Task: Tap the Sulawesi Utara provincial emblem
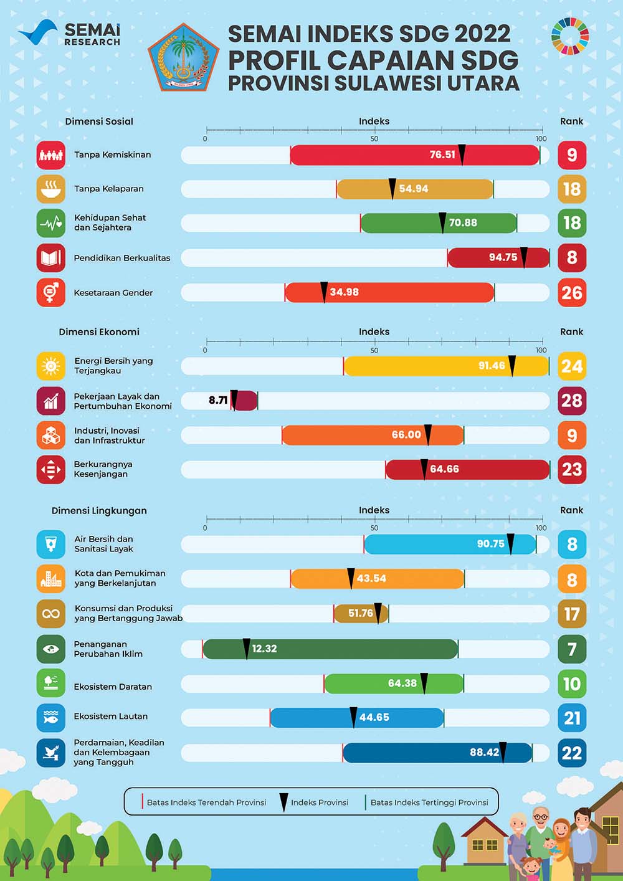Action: pos(183,57)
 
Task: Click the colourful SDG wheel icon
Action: pos(569,36)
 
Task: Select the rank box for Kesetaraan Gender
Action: pos(572,292)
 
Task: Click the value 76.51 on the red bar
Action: pos(442,155)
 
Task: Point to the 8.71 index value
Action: pos(218,400)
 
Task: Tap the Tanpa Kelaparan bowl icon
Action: pos(51,189)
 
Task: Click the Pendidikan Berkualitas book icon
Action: pos(51,257)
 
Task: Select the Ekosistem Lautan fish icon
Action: pos(51,718)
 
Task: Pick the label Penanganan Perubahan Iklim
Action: pos(108,649)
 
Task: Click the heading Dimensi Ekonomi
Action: pos(99,331)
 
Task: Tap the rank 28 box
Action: pos(572,401)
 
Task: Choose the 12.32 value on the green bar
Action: pos(264,649)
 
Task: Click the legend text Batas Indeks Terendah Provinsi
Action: pos(206,802)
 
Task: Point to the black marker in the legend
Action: pos(283,802)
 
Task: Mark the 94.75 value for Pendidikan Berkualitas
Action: pos(503,257)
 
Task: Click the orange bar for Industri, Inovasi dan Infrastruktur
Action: pos(349,435)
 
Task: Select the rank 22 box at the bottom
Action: pos(572,753)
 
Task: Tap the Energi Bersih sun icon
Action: pos(51,366)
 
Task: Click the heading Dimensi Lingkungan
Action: pos(99,510)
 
